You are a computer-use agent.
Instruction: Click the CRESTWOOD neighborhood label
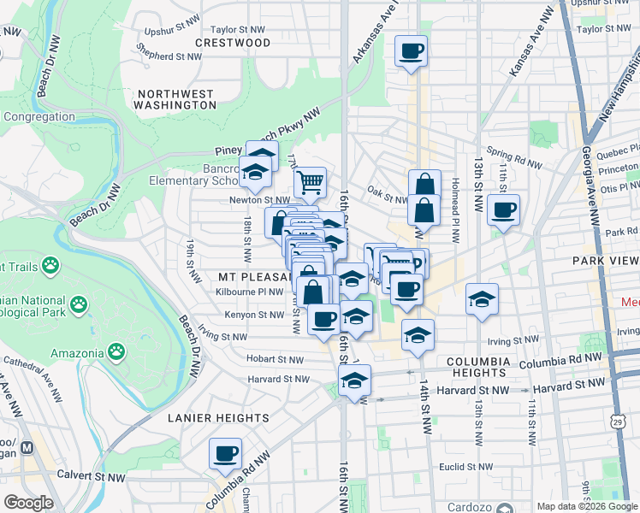tap(233, 43)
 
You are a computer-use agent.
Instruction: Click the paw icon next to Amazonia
tap(116, 351)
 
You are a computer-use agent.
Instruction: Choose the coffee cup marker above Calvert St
tap(226, 453)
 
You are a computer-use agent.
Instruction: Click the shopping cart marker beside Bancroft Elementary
tap(310, 180)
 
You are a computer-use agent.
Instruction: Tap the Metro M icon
tap(27, 447)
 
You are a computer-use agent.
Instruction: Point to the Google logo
tap(28, 503)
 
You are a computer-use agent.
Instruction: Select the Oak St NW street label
tap(386, 200)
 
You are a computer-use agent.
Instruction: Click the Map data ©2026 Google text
tap(586, 506)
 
